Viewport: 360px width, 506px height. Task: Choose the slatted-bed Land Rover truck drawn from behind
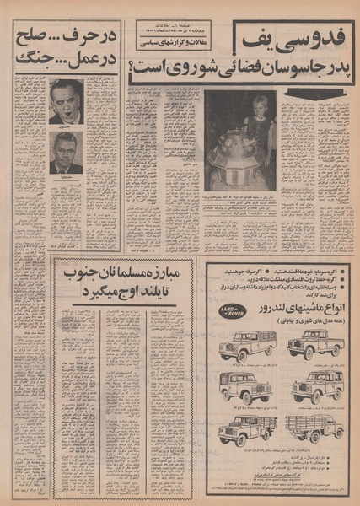click(x=315, y=428)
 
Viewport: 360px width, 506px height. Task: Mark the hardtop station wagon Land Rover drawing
click(x=316, y=387)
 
